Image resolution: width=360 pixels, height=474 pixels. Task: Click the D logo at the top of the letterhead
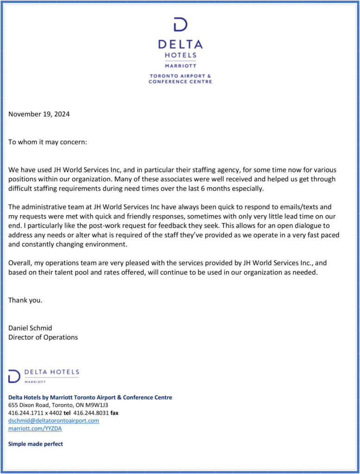[x=180, y=25]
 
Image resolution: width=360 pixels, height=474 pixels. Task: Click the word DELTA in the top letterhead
[x=180, y=44]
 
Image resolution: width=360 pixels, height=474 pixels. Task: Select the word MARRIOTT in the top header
[x=180, y=66]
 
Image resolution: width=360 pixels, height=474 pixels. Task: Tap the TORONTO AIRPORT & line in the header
[x=180, y=75]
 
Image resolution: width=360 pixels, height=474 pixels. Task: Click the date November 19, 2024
[x=39, y=114]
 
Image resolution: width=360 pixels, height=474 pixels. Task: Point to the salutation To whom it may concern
[x=47, y=142]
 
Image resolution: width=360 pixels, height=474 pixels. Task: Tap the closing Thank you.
[x=25, y=300]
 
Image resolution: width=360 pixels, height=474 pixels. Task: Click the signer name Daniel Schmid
[x=30, y=328]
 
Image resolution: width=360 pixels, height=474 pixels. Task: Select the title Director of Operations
[x=43, y=337]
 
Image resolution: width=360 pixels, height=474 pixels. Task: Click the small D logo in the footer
[x=14, y=375]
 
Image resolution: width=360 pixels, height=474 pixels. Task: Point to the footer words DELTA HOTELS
[x=51, y=372]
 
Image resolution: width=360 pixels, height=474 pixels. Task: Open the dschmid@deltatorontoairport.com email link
[x=54, y=420]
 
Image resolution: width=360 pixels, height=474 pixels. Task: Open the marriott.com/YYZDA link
[x=35, y=428]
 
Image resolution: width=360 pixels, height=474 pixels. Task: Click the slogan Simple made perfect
[x=36, y=444]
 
